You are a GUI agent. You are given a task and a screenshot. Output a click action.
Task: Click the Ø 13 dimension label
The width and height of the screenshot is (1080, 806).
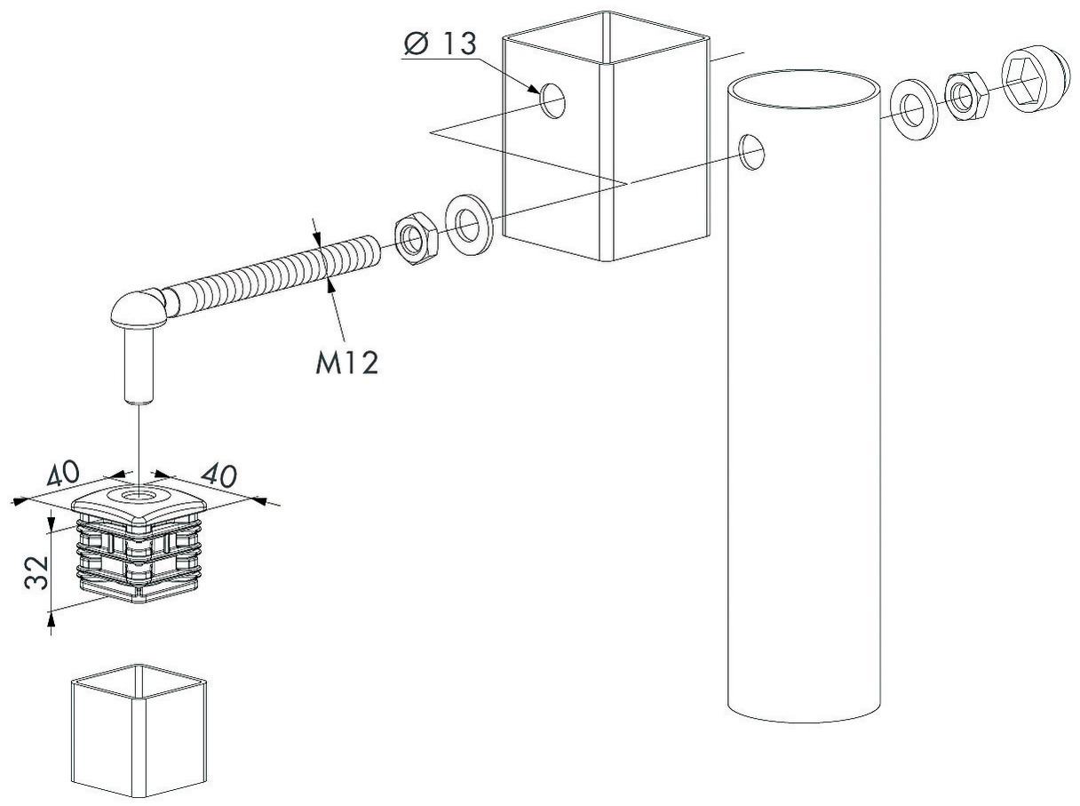(x=441, y=44)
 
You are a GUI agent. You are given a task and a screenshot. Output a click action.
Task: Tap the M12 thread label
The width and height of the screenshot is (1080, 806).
(x=347, y=363)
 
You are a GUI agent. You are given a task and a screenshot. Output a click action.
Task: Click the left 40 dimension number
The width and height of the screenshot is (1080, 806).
(x=62, y=473)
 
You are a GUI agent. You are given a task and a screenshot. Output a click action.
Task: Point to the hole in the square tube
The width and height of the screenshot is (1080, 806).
(x=552, y=100)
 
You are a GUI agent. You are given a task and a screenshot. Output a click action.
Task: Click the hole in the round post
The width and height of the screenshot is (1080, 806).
(x=752, y=152)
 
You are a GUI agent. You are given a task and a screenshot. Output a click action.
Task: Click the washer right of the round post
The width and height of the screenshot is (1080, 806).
(x=914, y=109)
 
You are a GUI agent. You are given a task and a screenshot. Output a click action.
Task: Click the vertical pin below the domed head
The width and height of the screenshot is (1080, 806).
(x=139, y=365)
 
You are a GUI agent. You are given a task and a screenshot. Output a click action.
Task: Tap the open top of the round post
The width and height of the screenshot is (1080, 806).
(x=804, y=89)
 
